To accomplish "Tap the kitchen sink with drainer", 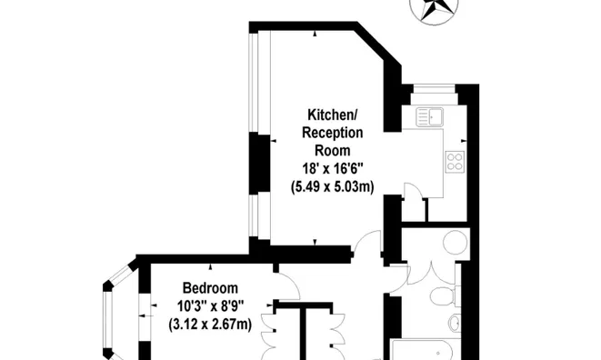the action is (430, 117).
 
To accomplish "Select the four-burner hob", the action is (456, 161).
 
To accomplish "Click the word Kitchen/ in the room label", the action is (333, 115).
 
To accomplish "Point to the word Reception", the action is (333, 133).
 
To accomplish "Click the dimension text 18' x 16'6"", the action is (333, 168).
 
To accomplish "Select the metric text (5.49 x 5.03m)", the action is (333, 186).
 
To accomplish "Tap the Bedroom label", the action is (210, 287).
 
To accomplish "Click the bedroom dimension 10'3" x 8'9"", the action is (210, 306).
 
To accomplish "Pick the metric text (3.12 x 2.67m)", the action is (210, 325).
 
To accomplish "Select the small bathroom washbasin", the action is (456, 323).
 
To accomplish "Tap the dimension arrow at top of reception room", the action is (316, 34).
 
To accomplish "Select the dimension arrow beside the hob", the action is (464, 141).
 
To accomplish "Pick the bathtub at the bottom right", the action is (426, 350).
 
